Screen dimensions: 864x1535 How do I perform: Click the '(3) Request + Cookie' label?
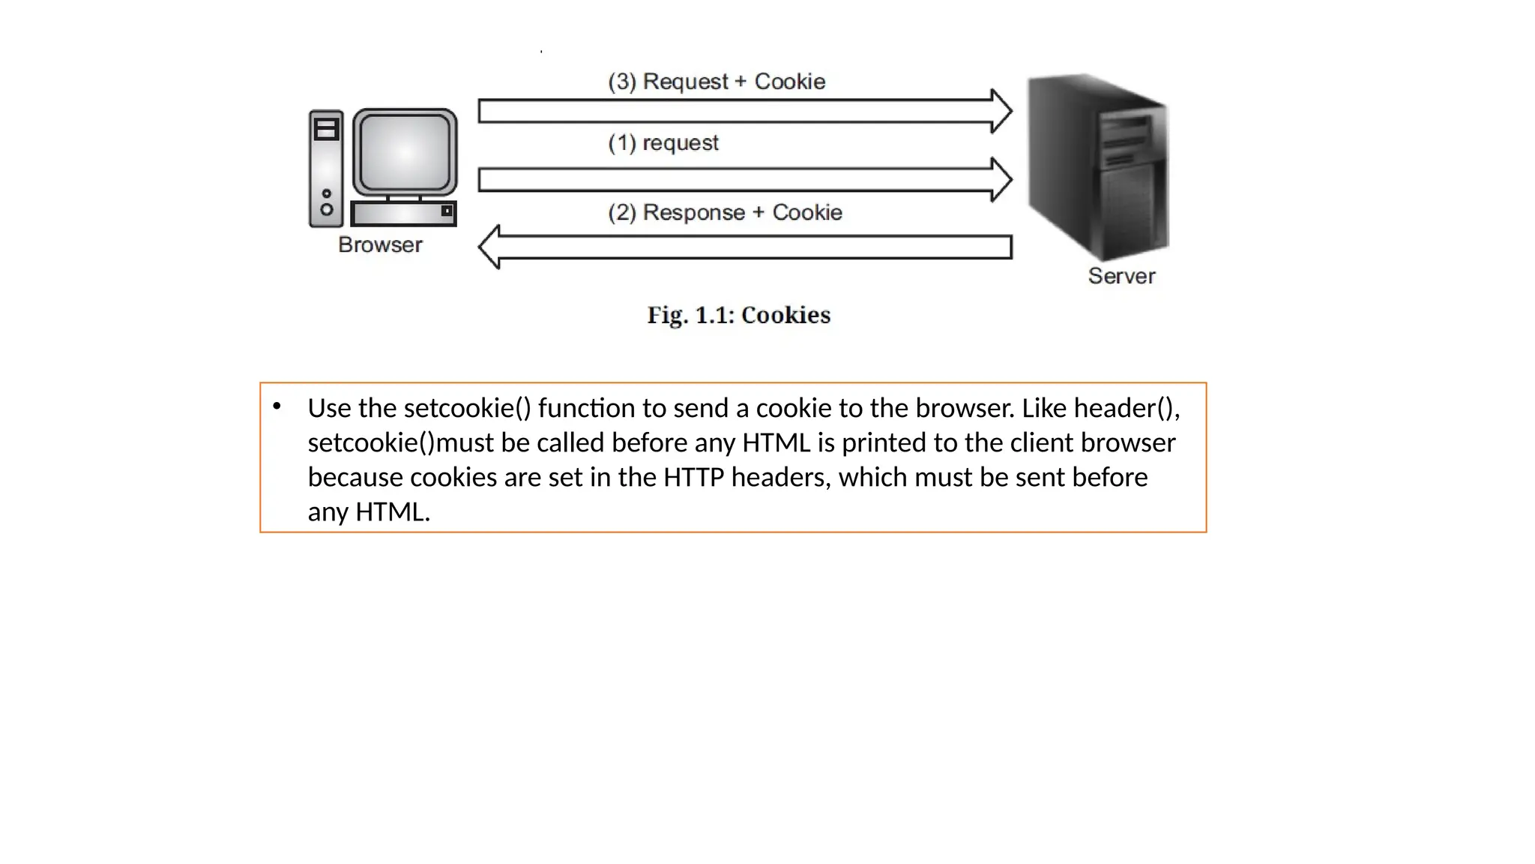pos(716,81)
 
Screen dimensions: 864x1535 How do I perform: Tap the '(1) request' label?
pos(663,142)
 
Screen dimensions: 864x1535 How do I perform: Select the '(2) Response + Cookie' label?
pos(725,212)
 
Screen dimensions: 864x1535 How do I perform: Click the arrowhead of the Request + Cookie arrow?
pos(1001,111)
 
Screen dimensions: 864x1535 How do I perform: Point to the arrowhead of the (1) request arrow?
pos(1001,179)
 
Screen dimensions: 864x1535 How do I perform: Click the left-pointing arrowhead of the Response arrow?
pos(490,247)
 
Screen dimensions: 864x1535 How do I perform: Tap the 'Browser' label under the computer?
pos(380,244)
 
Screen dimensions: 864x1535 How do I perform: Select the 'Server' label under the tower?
pos(1121,276)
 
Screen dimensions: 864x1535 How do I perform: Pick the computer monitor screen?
pos(405,152)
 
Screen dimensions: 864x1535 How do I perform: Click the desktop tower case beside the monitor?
pos(326,168)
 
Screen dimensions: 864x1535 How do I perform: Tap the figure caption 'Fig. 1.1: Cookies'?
pos(738,315)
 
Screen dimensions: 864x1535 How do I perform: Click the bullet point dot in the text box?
pos(277,406)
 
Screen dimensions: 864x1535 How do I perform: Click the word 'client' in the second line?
pos(1041,442)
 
